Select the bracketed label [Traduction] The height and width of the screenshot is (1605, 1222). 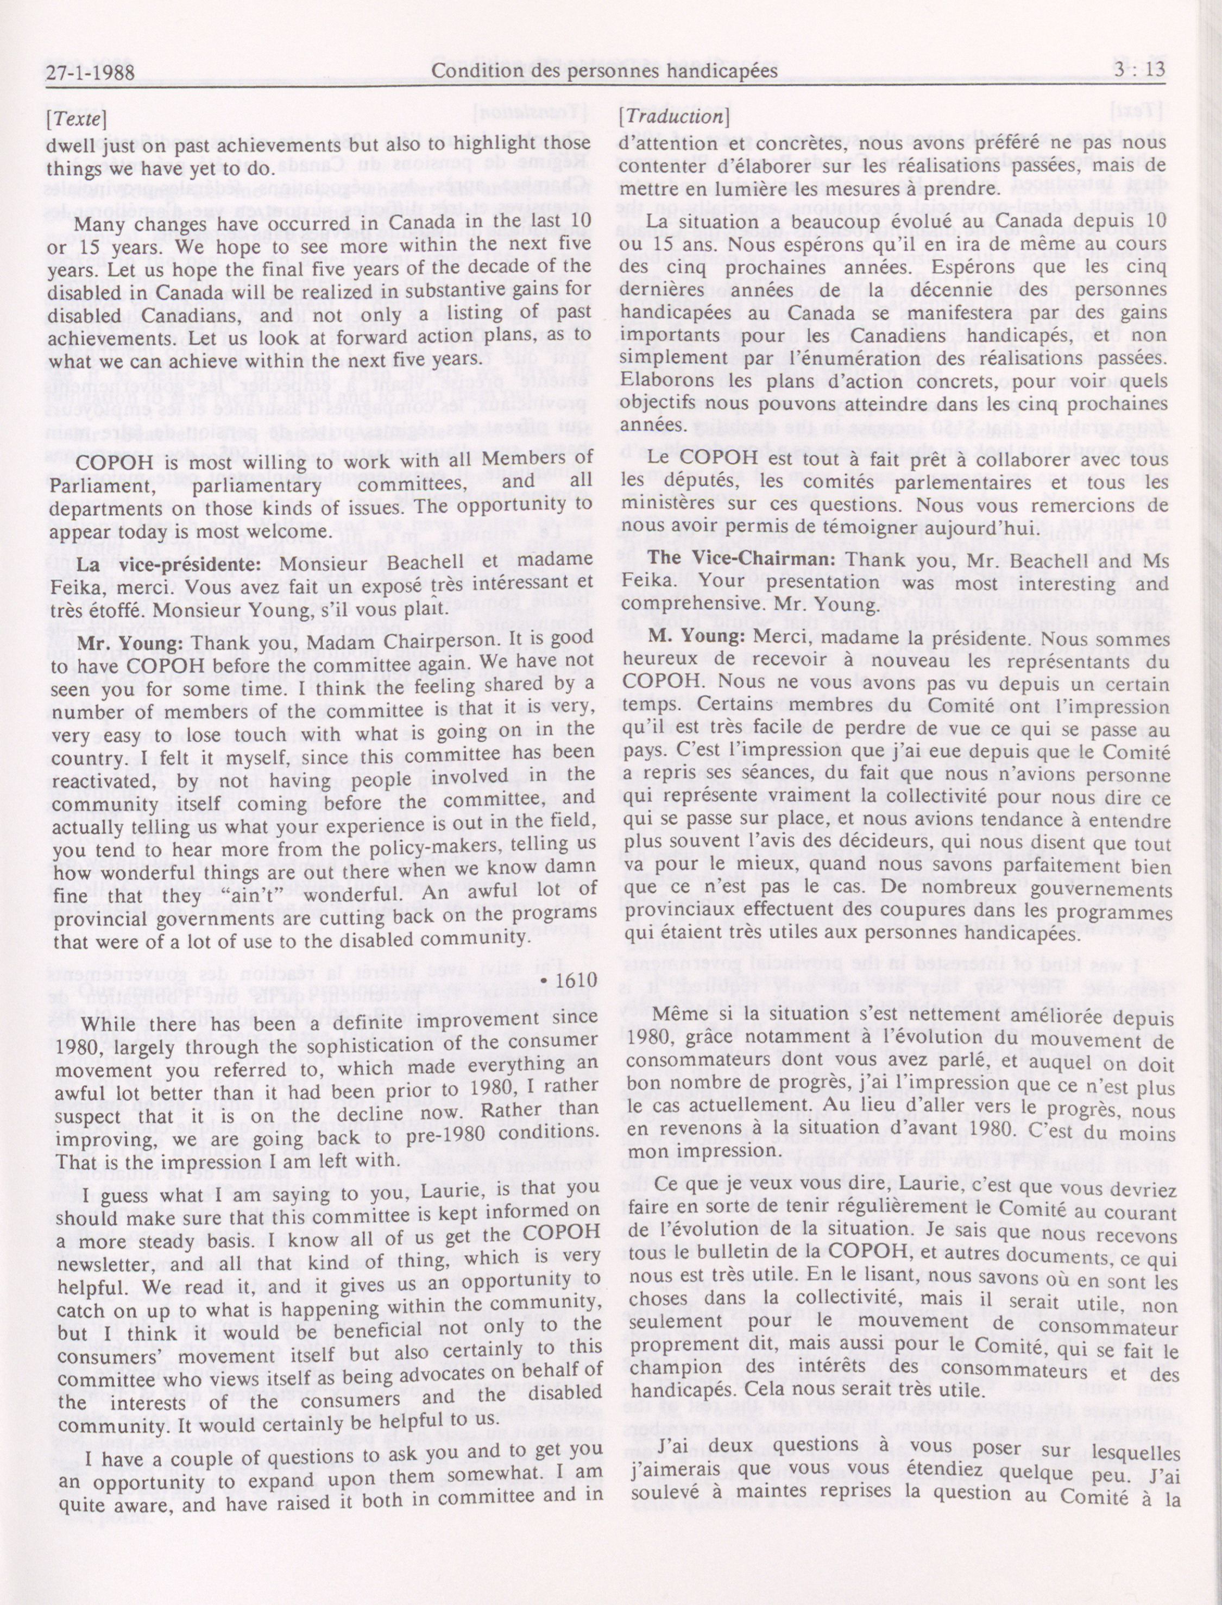[x=673, y=116]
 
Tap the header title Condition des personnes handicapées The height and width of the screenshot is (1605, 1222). [x=604, y=71]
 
